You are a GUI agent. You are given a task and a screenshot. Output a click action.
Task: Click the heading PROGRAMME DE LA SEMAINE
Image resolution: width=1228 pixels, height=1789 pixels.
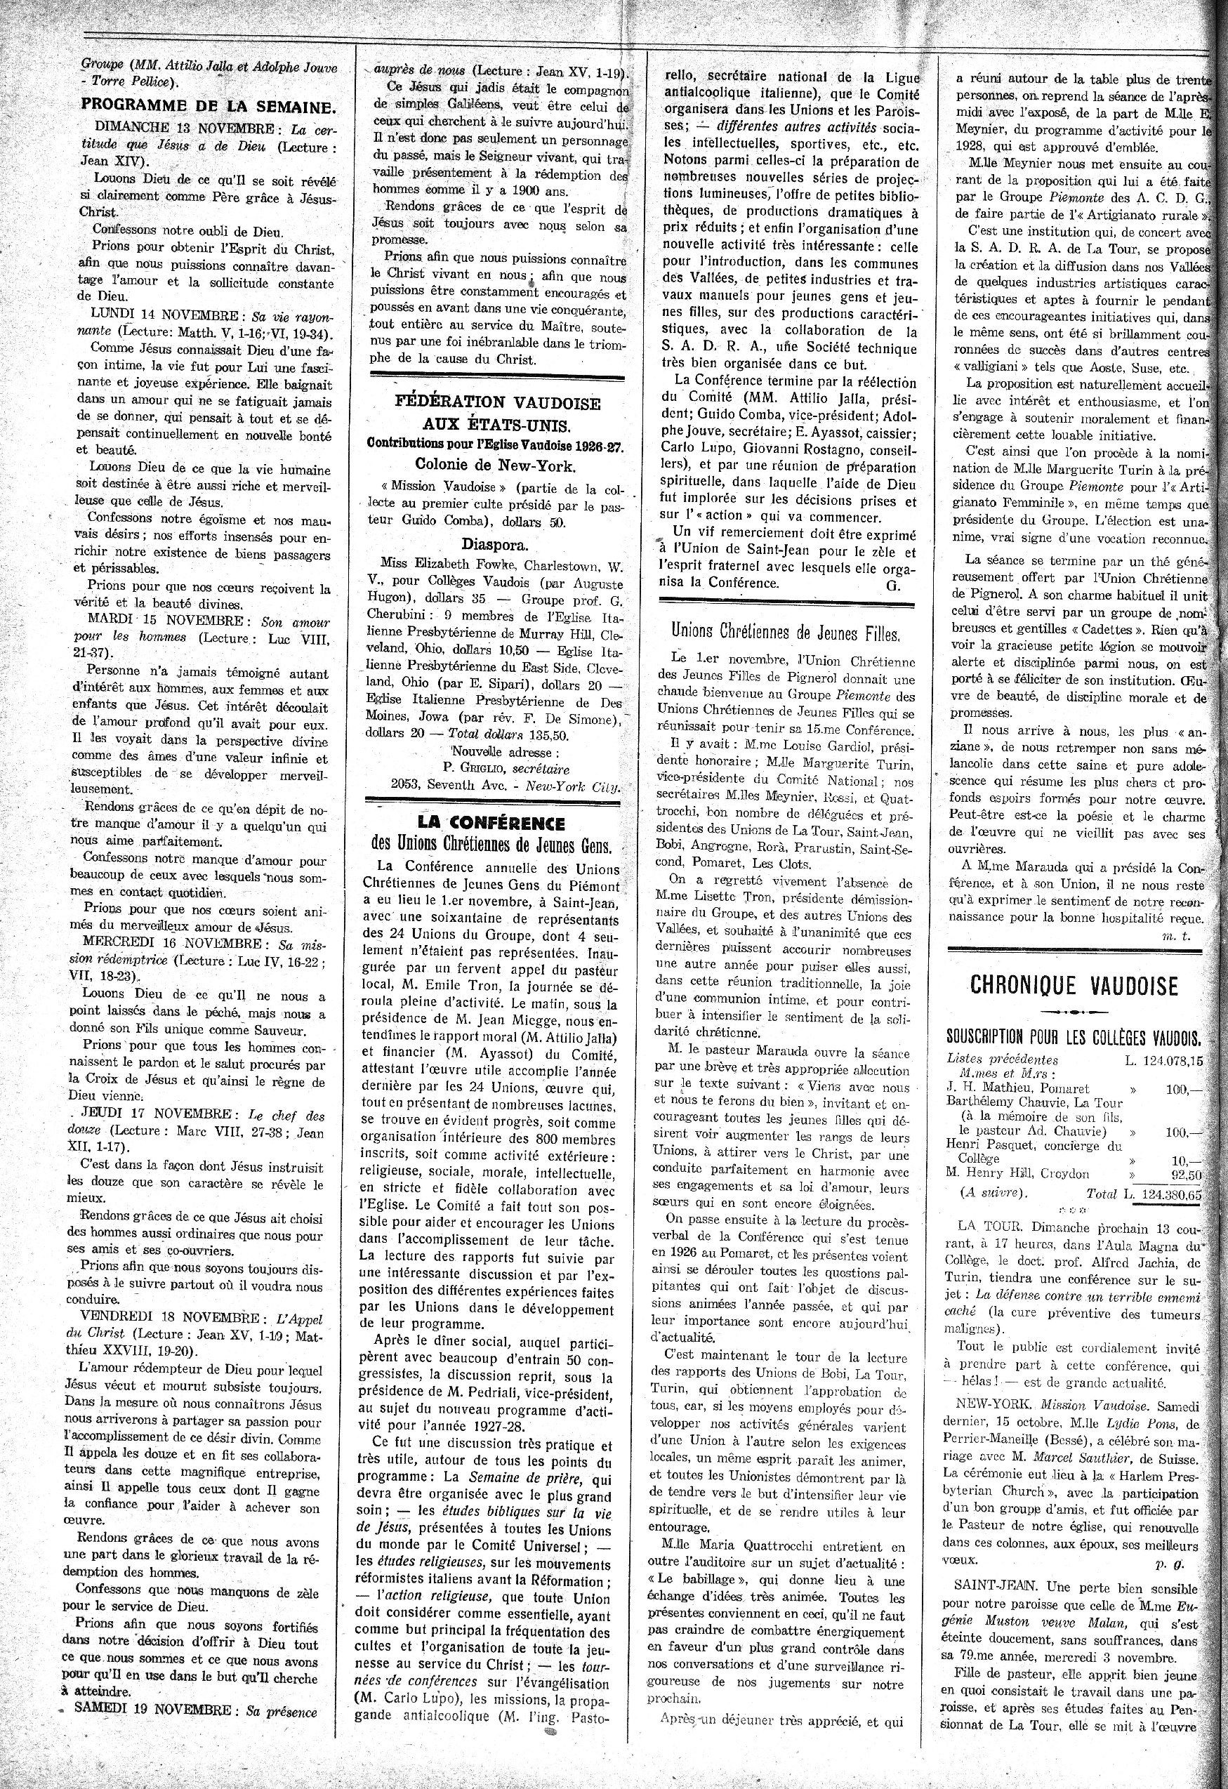(208, 106)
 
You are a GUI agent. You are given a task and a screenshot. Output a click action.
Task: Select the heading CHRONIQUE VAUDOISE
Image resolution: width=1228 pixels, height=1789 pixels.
(1074, 985)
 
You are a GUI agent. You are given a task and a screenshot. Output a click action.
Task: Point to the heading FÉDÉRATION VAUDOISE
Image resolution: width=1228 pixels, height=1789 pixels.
(497, 402)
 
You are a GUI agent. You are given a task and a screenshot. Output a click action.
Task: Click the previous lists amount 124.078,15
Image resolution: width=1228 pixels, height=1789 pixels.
(1168, 1060)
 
